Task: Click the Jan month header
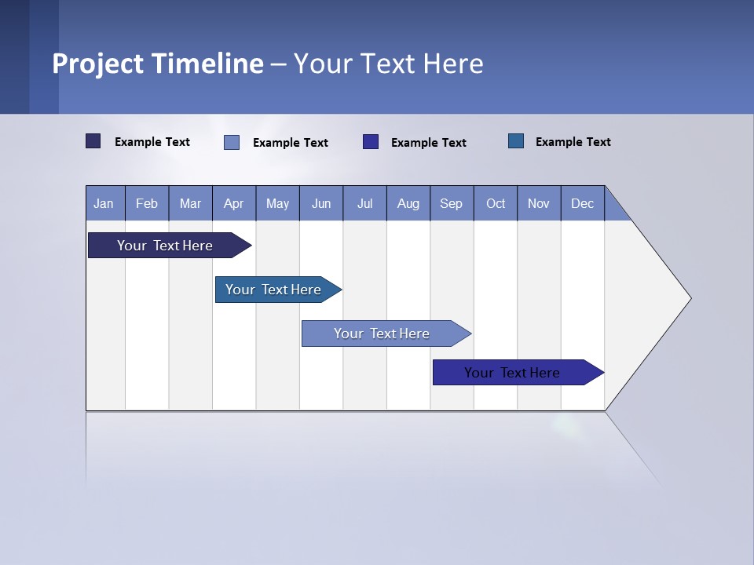click(x=104, y=204)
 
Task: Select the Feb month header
click(x=147, y=204)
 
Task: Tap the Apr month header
click(x=234, y=204)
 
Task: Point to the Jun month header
click(x=321, y=204)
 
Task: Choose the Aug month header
click(x=408, y=204)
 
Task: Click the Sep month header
click(x=452, y=204)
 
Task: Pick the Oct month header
click(x=496, y=204)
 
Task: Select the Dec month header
click(x=583, y=204)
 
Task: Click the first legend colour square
click(x=93, y=141)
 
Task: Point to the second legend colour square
click(x=232, y=142)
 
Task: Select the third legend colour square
click(x=371, y=142)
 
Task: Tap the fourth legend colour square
click(x=516, y=141)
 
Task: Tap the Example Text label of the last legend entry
click(x=573, y=142)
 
